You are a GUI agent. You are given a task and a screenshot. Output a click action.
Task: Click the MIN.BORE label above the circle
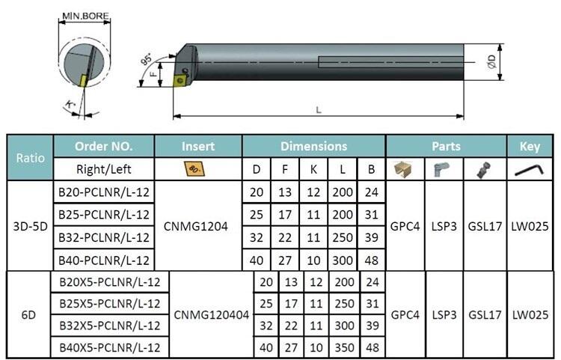tap(85, 16)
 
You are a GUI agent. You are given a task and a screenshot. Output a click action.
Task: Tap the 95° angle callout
tap(146, 59)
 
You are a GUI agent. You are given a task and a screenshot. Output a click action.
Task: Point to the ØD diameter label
tap(492, 62)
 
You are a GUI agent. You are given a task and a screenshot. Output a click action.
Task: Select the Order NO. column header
tap(104, 147)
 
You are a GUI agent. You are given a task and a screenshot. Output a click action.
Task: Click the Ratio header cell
tap(30, 158)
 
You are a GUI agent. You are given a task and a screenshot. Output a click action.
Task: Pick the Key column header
tap(530, 147)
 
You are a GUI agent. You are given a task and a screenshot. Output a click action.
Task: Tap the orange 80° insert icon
tap(195, 169)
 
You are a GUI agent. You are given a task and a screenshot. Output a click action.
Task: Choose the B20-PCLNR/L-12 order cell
tap(104, 192)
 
